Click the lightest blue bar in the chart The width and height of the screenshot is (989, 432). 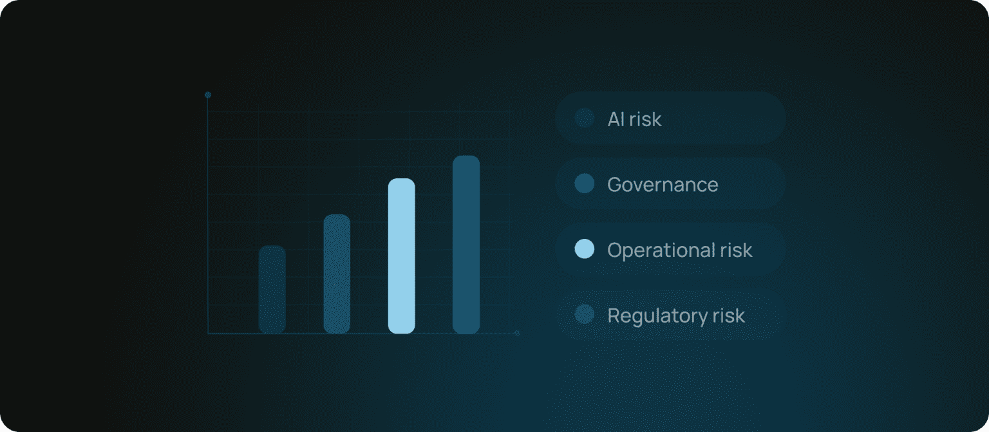coord(401,256)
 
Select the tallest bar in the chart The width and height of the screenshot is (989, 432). coord(466,245)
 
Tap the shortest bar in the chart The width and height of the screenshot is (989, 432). coord(272,290)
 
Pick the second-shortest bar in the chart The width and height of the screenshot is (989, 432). coord(337,274)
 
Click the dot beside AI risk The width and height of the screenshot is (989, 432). coord(585,118)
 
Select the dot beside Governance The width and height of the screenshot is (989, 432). coord(585,183)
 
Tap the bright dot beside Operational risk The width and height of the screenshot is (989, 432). coord(585,249)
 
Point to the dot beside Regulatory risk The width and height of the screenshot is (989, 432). coord(585,314)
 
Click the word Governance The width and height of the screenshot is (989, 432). coord(663,184)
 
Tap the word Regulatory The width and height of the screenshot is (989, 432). coord(657,316)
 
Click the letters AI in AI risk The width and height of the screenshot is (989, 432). coord(616,119)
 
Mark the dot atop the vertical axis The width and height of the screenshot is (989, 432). coord(208,95)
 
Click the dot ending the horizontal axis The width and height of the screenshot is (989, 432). coord(518,333)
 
